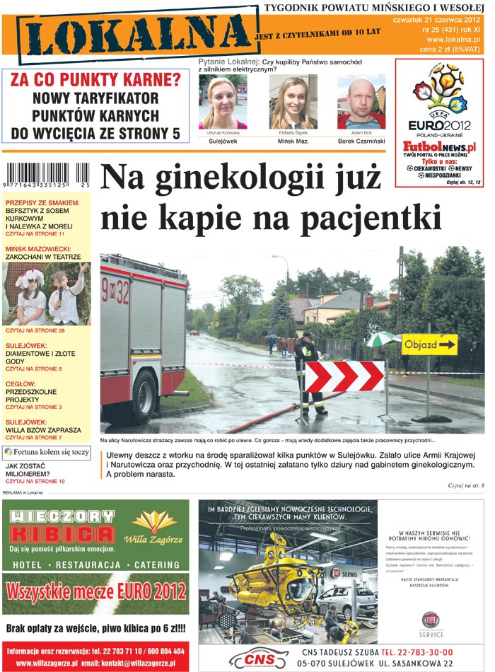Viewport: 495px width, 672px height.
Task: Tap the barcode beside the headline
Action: (x=47, y=175)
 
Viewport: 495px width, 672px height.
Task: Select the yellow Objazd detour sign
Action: (x=429, y=344)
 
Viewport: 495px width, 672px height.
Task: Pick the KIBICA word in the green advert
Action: (x=62, y=533)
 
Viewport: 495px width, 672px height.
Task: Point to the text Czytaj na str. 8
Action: (x=465, y=486)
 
